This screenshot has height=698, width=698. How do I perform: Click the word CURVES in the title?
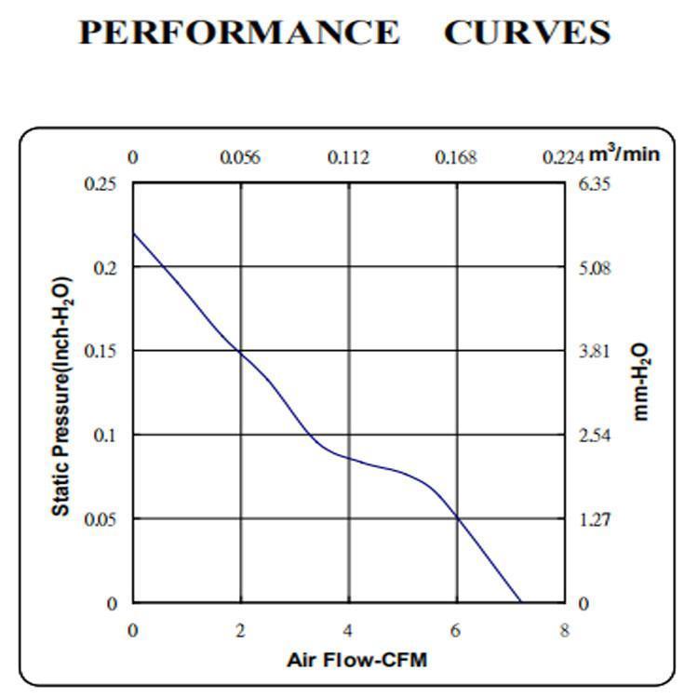[x=527, y=33]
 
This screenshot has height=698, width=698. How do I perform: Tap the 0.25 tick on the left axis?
[x=101, y=184]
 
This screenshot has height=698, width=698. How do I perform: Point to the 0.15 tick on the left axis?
[x=101, y=352]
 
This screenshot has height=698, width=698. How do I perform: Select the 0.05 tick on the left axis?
[x=101, y=519]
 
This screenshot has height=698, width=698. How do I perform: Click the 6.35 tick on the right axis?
[x=594, y=184]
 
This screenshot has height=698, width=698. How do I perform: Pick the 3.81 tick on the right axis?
[x=594, y=352]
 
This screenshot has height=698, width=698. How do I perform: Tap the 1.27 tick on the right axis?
[x=594, y=519]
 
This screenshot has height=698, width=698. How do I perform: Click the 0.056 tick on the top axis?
[x=240, y=157]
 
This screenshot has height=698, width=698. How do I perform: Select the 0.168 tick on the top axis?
[x=456, y=157]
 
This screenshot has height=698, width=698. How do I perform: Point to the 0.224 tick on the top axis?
[x=563, y=157]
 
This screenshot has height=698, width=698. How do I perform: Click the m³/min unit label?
[x=624, y=154]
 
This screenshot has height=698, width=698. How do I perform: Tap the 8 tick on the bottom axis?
[x=564, y=631]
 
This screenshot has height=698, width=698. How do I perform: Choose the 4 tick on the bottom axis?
[x=349, y=631]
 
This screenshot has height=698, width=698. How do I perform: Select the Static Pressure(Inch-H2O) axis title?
[x=60, y=396]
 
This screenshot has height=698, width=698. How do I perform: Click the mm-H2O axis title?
[x=641, y=383]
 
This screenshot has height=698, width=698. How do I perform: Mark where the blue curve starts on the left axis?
[x=133, y=233]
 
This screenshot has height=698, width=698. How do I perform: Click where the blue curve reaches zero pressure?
[x=520, y=602]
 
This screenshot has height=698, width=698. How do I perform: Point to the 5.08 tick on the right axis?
[x=594, y=268]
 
